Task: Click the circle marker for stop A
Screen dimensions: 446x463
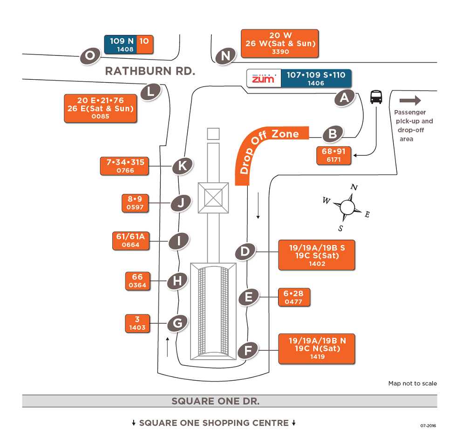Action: pyautogui.click(x=344, y=98)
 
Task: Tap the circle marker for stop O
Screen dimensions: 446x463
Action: pyautogui.click(x=90, y=56)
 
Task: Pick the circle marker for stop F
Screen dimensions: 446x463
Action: pyautogui.click(x=248, y=350)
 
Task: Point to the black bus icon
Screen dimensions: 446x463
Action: pyautogui.click(x=376, y=97)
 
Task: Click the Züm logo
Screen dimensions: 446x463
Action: pyautogui.click(x=264, y=79)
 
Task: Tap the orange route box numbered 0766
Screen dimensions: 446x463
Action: pyautogui.click(x=124, y=166)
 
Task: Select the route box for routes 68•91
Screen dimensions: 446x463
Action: pyautogui.click(x=334, y=155)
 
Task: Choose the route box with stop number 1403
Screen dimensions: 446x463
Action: pyautogui.click(x=137, y=323)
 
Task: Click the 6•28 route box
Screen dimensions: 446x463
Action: pyautogui.click(x=293, y=297)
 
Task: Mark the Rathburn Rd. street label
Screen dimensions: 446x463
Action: pyautogui.click(x=150, y=71)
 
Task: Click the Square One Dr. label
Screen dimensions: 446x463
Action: pyautogui.click(x=215, y=401)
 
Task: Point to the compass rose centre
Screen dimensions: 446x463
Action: pyautogui.click(x=347, y=207)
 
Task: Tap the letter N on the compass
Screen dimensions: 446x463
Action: pyautogui.click(x=354, y=188)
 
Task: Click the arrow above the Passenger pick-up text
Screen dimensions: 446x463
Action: pyautogui.click(x=410, y=100)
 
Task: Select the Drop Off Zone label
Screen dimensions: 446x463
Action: pyautogui.click(x=272, y=149)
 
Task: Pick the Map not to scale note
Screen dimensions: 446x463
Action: pyautogui.click(x=413, y=383)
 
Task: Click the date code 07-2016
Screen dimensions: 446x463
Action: pyautogui.click(x=428, y=425)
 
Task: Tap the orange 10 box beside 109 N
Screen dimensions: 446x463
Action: pyautogui.click(x=144, y=44)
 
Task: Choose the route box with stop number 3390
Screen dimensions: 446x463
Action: pyautogui.click(x=280, y=43)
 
